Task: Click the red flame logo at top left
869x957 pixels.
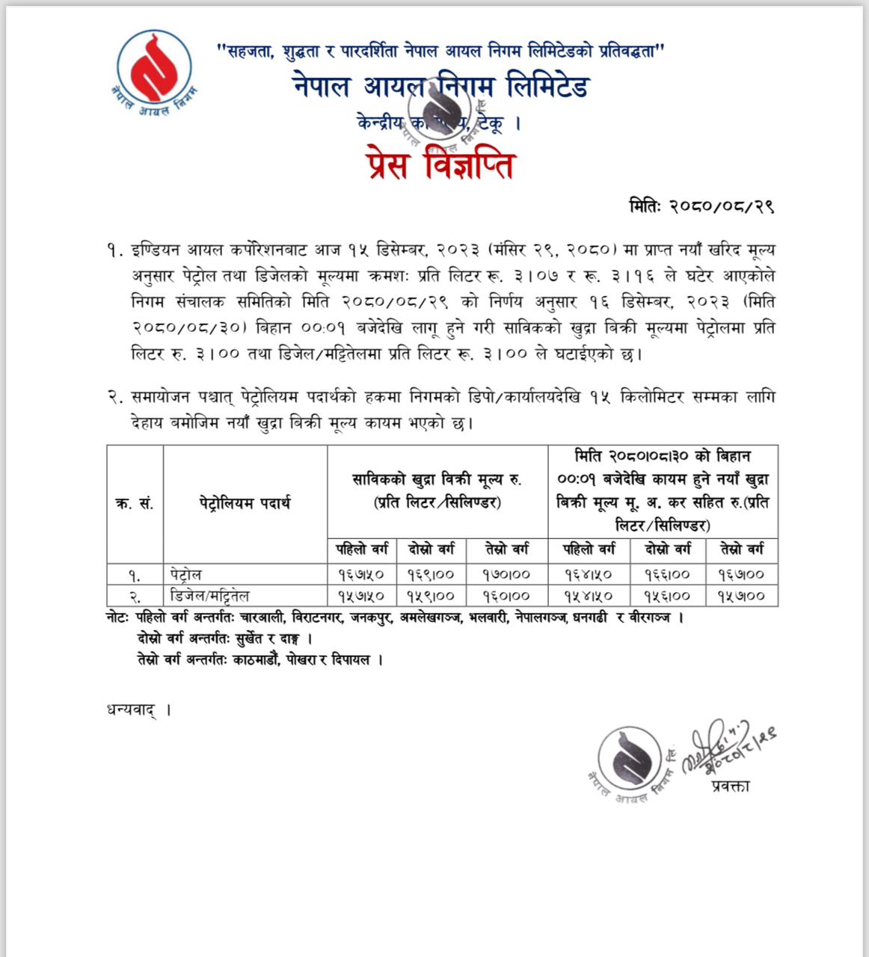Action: pos(156,69)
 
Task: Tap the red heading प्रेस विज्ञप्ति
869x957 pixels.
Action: pos(440,165)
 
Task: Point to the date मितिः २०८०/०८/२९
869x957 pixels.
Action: pos(700,207)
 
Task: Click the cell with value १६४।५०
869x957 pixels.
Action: pos(588,574)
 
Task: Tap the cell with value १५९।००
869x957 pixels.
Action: pos(432,596)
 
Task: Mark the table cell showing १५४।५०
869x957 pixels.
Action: pos(588,596)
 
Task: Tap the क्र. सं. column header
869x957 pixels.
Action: pos(135,504)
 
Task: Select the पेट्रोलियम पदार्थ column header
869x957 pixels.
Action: pos(245,504)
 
